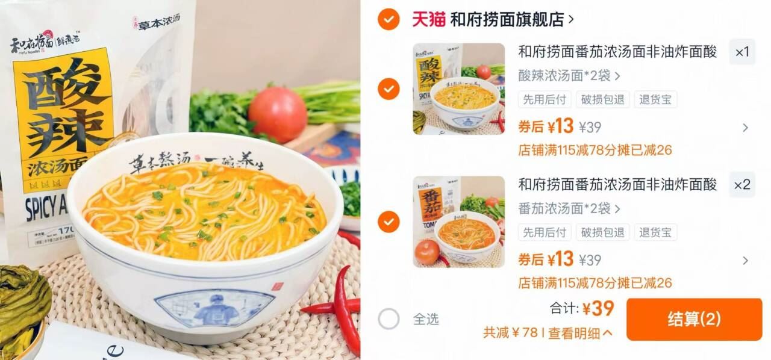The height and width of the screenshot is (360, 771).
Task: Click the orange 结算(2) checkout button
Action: pyautogui.click(x=694, y=319)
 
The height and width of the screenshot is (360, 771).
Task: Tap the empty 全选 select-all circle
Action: pyautogui.click(x=389, y=319)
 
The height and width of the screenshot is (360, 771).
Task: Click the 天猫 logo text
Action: pyautogui.click(x=428, y=19)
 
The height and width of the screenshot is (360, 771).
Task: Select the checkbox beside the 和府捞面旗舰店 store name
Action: pyautogui.click(x=389, y=19)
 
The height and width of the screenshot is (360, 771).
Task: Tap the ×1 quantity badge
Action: pyautogui.click(x=742, y=52)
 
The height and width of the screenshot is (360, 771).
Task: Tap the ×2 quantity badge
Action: pyautogui.click(x=742, y=185)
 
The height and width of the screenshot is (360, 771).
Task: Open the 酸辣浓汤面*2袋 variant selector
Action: pyautogui.click(x=569, y=76)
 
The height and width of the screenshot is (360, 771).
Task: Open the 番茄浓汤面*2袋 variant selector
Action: pyautogui.click(x=569, y=208)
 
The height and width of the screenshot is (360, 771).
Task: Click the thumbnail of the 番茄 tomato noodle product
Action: pyautogui.click(x=459, y=222)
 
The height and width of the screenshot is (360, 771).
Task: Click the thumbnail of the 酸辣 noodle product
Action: pyautogui.click(x=459, y=88)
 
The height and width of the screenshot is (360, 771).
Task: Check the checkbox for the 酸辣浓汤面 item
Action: pyautogui.click(x=389, y=89)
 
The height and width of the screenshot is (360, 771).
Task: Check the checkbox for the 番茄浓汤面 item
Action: pyautogui.click(x=389, y=222)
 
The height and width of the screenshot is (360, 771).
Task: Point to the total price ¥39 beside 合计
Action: pyautogui.click(x=598, y=309)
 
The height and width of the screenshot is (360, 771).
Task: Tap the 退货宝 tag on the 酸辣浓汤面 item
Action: pyautogui.click(x=655, y=100)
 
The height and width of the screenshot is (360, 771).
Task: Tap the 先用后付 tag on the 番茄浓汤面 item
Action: pyautogui.click(x=545, y=232)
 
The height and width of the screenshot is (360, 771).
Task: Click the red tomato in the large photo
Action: pyautogui.click(x=278, y=114)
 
